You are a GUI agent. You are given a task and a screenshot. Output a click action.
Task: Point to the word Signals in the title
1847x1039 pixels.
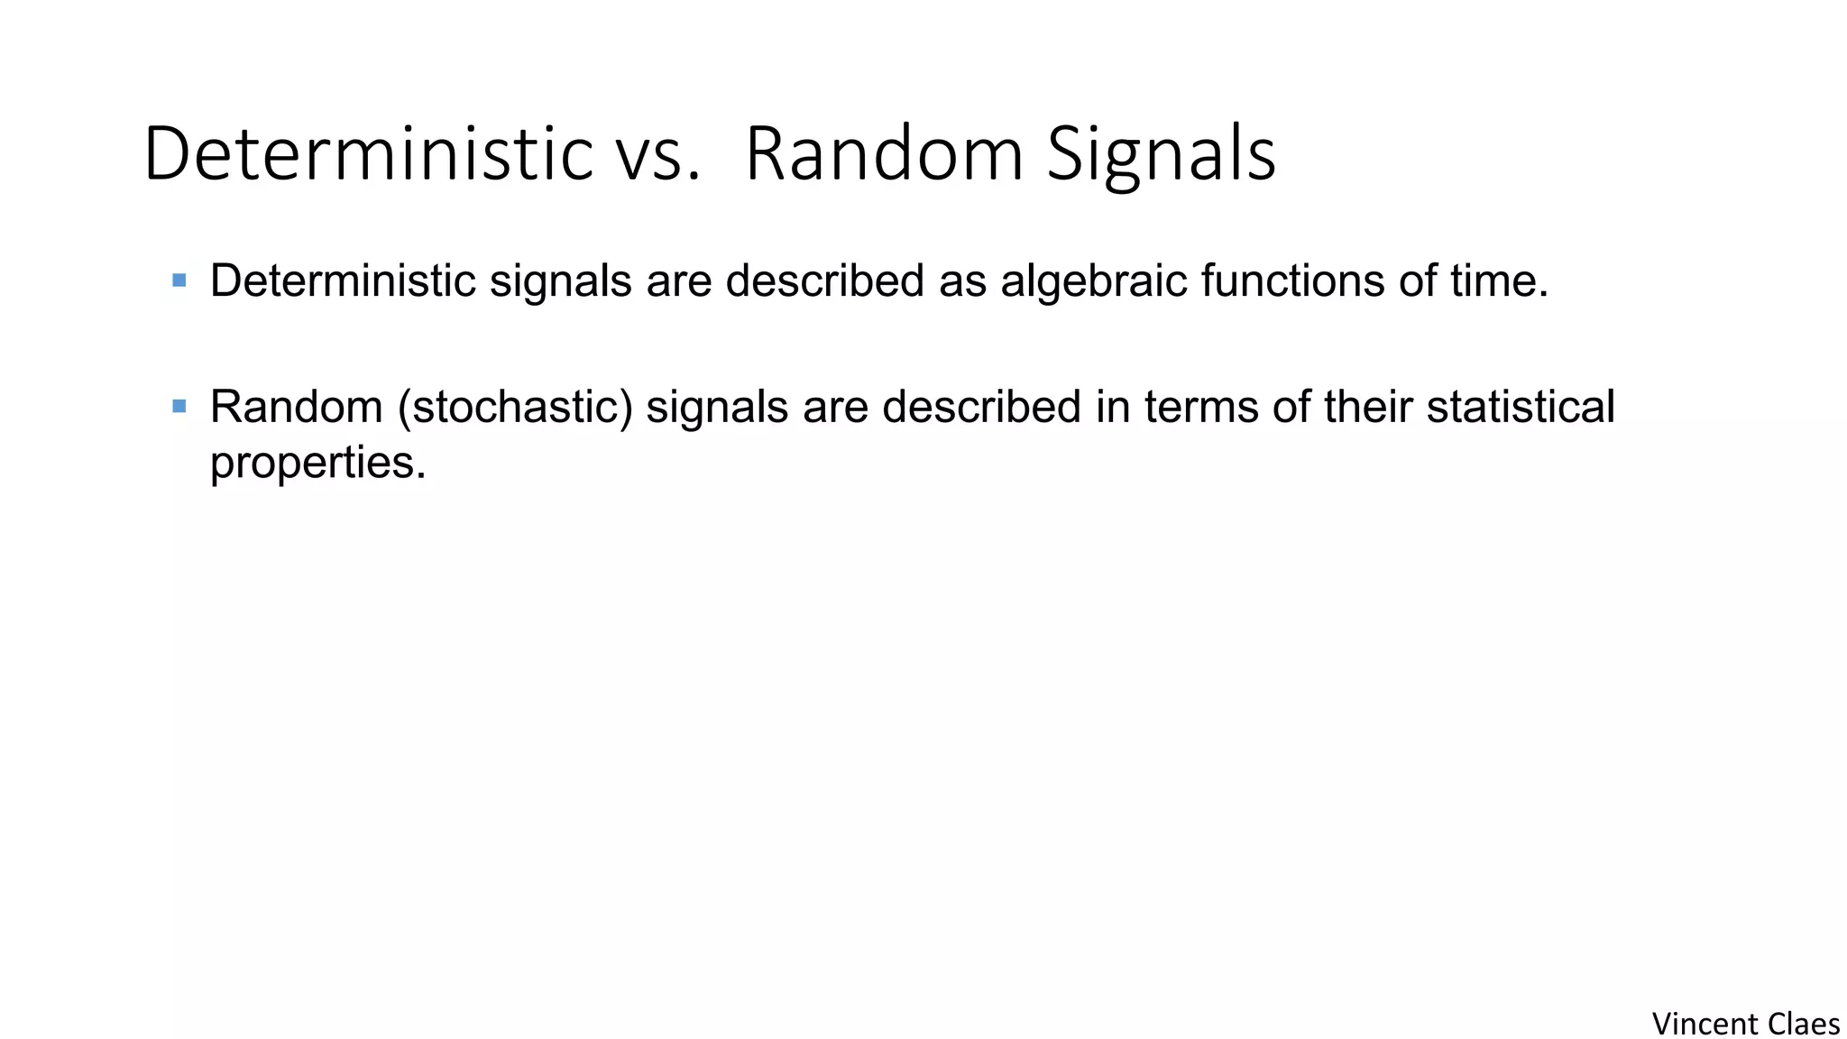(x=1161, y=155)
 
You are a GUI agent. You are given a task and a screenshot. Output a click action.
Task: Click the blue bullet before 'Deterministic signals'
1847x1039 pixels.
(x=179, y=280)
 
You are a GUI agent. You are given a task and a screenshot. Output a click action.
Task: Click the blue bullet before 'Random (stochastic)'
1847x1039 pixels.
(x=179, y=407)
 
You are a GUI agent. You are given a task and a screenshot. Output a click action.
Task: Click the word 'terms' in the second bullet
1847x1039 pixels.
(x=1201, y=407)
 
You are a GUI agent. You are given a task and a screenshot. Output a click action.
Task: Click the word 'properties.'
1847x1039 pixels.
(x=317, y=464)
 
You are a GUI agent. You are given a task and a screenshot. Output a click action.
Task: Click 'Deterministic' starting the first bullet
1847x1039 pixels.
(x=343, y=280)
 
